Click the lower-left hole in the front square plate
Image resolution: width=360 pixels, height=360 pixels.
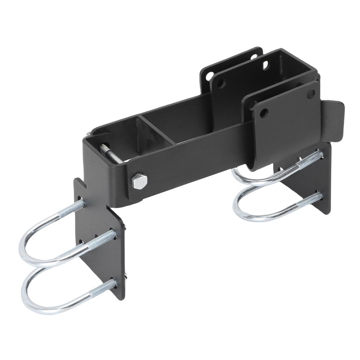click(x=264, y=113)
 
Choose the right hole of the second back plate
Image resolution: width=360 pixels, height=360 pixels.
click(x=265, y=65)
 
